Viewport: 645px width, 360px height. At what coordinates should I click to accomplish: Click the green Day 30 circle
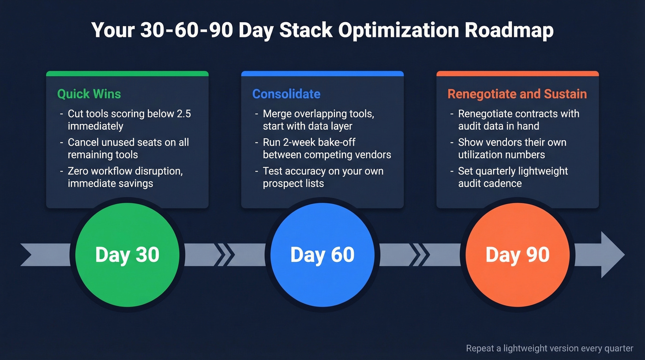tap(127, 255)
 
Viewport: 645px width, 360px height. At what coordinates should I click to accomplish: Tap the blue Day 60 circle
tap(322, 255)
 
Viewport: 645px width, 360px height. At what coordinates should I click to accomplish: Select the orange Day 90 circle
tap(517, 255)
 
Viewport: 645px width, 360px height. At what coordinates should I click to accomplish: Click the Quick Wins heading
tap(89, 94)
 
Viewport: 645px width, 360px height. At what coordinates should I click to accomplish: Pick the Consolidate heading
tap(286, 94)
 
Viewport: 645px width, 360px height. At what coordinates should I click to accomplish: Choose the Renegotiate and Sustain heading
tap(517, 94)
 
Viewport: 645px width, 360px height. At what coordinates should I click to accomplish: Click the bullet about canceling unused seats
tap(128, 148)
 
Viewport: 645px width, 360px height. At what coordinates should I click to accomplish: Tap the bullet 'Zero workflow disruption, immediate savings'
tap(125, 177)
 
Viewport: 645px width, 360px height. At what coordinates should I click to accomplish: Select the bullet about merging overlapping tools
tap(318, 120)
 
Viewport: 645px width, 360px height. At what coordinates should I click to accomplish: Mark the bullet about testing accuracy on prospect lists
tap(323, 177)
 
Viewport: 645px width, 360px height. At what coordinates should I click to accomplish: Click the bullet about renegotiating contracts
tap(518, 120)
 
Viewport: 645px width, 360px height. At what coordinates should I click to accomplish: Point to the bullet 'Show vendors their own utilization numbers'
tap(512, 148)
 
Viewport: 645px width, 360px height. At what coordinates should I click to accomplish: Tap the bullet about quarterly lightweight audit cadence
tap(513, 177)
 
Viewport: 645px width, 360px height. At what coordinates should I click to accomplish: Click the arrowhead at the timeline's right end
tap(612, 255)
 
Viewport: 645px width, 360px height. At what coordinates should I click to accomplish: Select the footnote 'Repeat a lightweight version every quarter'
tap(549, 348)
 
